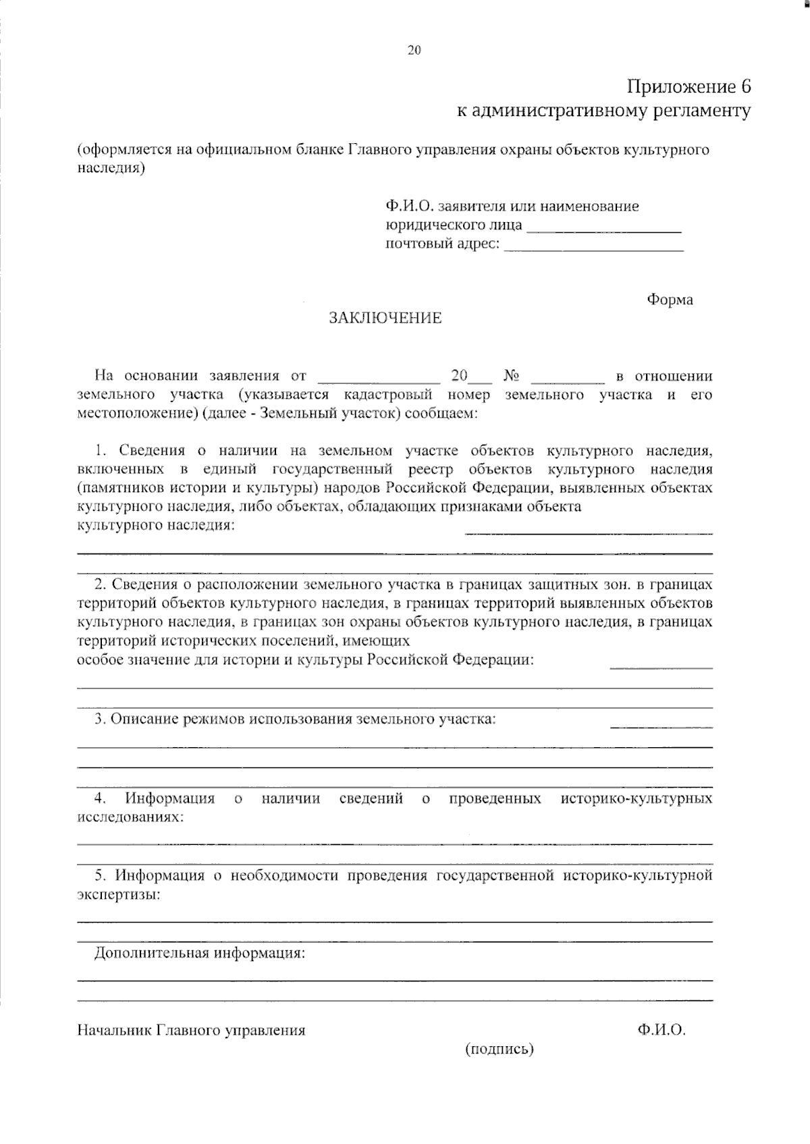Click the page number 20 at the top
(414, 50)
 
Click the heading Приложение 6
(688, 87)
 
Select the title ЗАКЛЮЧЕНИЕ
(385, 318)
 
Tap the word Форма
(670, 300)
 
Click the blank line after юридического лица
(603, 231)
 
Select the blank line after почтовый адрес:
(594, 250)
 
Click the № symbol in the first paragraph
(511, 376)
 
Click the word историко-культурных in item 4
(637, 799)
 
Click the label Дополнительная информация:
(200, 954)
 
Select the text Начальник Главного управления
(191, 1031)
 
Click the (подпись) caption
(500, 1049)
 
